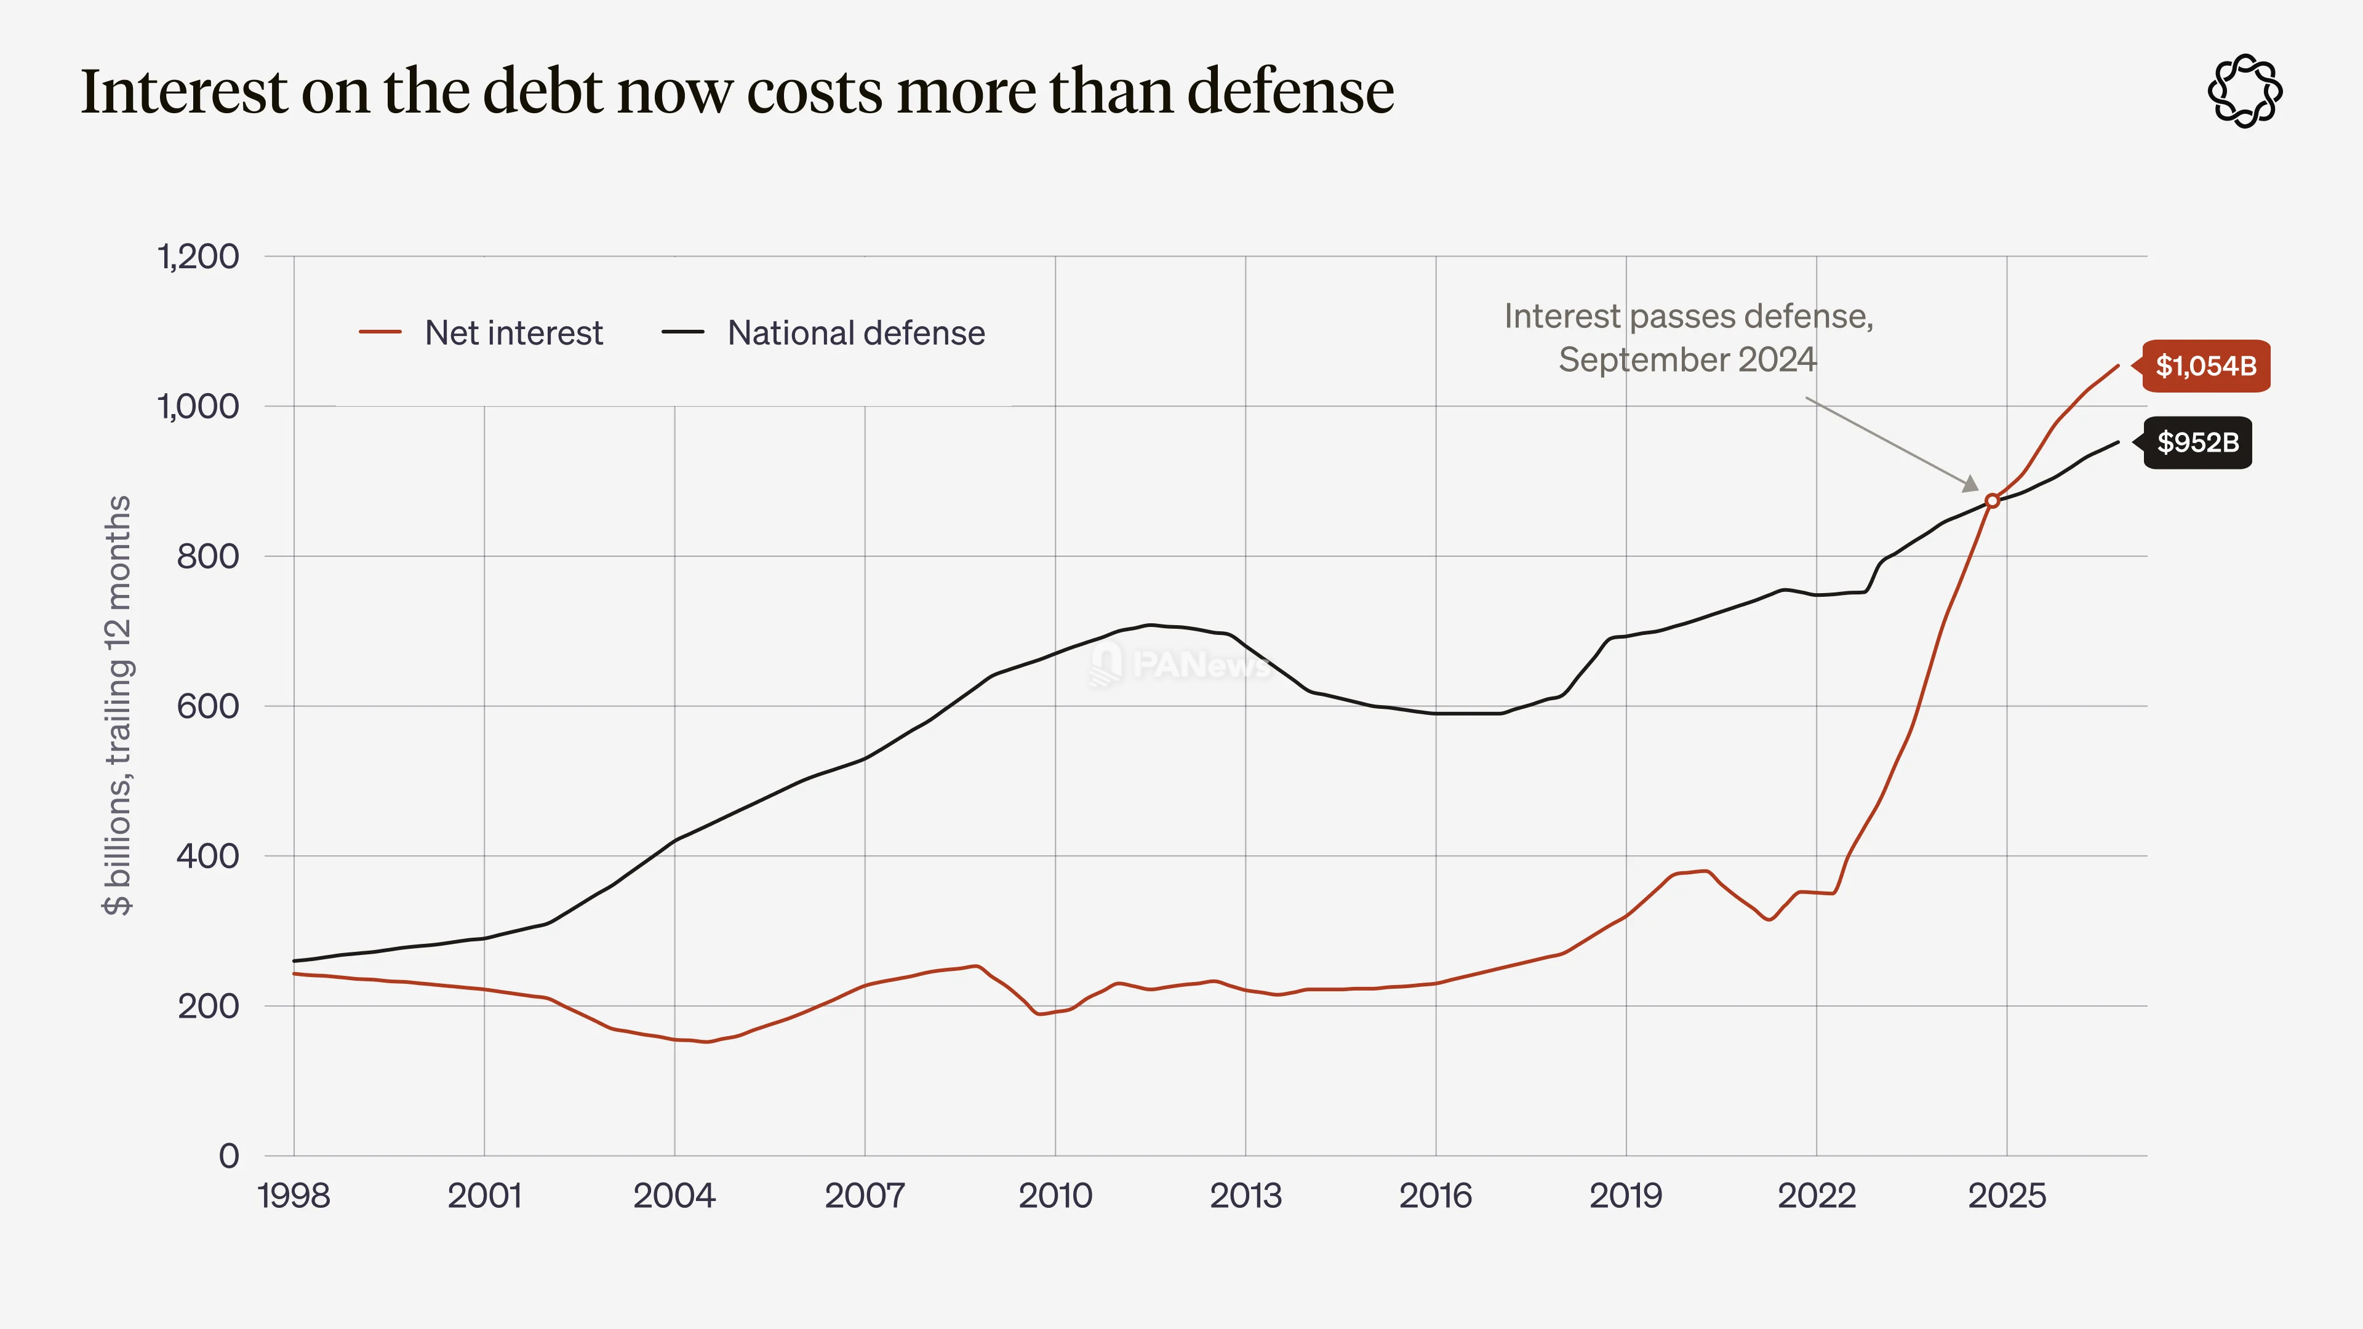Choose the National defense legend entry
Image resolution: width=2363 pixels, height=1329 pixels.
(x=823, y=332)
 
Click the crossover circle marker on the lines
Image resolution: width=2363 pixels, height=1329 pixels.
(x=1991, y=501)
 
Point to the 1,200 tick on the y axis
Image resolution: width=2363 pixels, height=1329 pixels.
(x=198, y=257)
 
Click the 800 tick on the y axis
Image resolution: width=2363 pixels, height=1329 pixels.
(x=207, y=556)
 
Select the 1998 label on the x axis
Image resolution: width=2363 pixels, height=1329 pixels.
(x=294, y=1196)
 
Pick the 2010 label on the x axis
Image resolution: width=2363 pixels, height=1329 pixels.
(x=1055, y=1196)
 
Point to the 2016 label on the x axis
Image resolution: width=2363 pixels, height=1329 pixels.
(x=1436, y=1196)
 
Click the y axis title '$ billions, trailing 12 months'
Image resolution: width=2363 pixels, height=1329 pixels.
(x=118, y=705)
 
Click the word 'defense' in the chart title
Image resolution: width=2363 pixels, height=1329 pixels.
(x=1290, y=92)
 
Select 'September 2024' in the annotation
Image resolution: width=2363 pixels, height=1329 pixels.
(x=1687, y=359)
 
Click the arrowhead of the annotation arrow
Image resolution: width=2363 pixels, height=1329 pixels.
(x=1970, y=484)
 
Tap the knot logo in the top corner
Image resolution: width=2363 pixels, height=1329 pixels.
(x=2245, y=91)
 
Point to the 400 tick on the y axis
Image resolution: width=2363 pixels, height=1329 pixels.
(x=207, y=856)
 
